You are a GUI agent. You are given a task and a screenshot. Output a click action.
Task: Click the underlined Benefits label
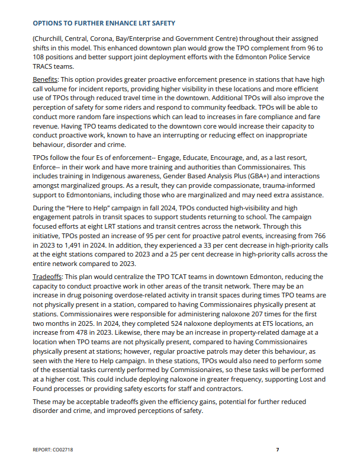(46, 80)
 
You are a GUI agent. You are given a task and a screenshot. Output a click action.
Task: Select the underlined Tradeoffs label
(48, 277)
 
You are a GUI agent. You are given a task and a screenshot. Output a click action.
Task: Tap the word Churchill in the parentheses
(52, 37)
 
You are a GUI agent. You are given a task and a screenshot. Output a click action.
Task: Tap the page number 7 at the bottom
(277, 450)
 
